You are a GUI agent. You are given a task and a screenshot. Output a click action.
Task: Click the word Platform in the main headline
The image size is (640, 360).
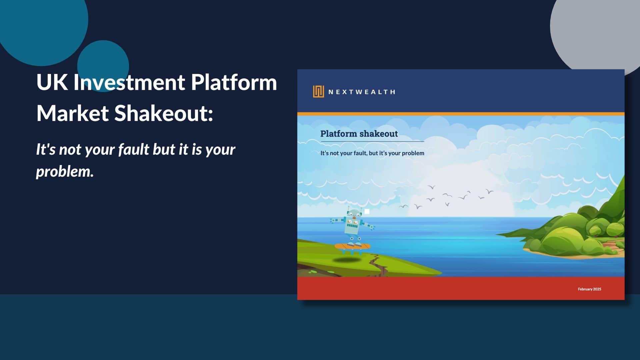[x=234, y=82]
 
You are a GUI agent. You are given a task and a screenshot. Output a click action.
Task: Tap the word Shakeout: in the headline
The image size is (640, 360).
[x=164, y=113]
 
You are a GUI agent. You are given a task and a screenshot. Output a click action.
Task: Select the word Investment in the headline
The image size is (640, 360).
[x=129, y=82]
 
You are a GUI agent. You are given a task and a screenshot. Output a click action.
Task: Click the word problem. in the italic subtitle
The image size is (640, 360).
[x=65, y=171]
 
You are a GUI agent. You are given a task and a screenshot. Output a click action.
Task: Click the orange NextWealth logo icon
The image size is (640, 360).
[x=318, y=91]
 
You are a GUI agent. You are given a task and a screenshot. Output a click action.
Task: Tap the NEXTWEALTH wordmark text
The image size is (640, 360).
[x=362, y=92]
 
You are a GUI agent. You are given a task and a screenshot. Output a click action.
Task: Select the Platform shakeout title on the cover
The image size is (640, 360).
[x=359, y=134]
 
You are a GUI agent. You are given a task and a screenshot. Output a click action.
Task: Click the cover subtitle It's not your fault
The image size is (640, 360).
[x=372, y=153]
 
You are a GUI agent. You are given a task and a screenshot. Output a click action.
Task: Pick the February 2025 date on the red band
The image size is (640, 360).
[x=589, y=289]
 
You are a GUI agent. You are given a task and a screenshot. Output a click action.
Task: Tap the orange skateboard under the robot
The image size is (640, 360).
[x=352, y=247]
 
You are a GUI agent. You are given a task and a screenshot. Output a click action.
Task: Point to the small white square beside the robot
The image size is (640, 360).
[x=367, y=211]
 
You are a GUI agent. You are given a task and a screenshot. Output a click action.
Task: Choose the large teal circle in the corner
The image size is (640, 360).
[x=40, y=23]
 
